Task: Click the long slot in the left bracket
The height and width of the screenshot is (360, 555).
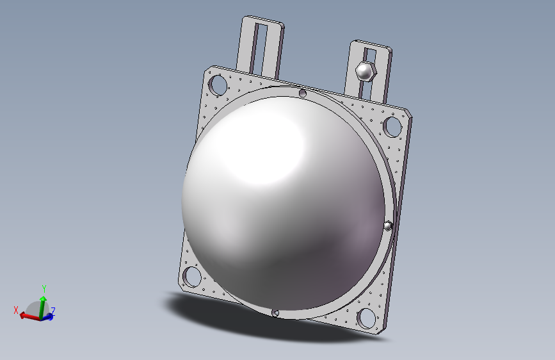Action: [260, 47]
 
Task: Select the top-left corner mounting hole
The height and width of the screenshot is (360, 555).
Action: [218, 84]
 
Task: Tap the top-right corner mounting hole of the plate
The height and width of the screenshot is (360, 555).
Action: [391, 126]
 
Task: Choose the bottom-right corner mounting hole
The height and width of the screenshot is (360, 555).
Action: [366, 316]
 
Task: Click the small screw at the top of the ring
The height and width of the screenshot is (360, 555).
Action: [303, 94]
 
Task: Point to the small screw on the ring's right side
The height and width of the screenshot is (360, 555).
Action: [388, 225]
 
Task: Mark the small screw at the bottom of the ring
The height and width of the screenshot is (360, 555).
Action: [276, 313]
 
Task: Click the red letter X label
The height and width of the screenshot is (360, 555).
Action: [16, 310]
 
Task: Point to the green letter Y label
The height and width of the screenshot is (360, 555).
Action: [43, 288]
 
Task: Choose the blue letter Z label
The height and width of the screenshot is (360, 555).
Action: [53, 311]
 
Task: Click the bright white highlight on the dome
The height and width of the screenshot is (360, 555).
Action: [256, 147]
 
